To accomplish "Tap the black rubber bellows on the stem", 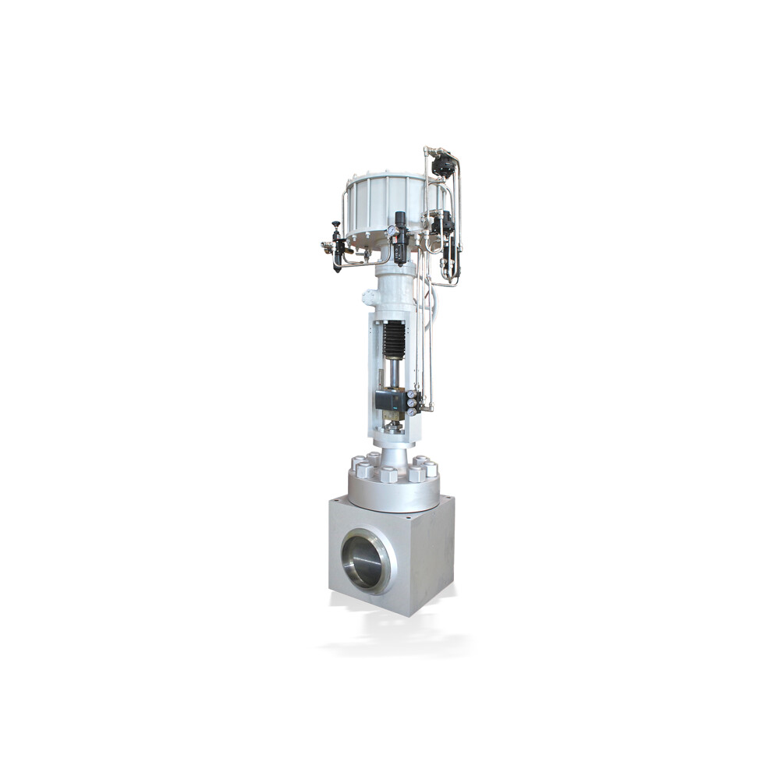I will click(394, 340).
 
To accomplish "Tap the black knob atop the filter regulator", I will click(400, 218).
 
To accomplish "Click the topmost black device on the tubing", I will click(444, 165).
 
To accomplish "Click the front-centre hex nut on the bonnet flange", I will click(388, 474).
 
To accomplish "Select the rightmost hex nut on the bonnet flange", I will click(430, 468).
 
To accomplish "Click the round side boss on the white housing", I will click(370, 298).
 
